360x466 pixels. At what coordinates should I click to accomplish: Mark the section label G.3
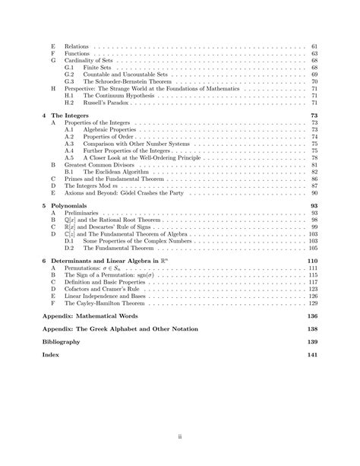pos(69,81)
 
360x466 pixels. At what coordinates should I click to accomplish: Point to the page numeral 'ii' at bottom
pos(180,436)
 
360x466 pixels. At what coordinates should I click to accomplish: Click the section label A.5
pos(69,157)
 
